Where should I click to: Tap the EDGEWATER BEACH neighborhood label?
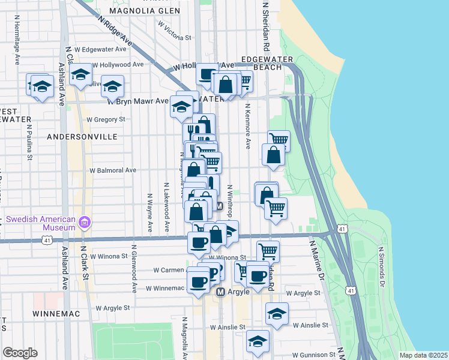tap(266, 63)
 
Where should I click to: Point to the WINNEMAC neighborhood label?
tap(53, 314)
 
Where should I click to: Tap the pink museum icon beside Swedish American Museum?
tap(85, 223)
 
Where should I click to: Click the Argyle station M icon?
tap(220, 292)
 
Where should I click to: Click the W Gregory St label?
tap(105, 119)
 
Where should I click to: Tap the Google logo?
tap(20, 353)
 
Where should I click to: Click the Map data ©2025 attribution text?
tap(423, 355)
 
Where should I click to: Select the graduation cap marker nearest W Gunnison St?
tap(258, 340)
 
